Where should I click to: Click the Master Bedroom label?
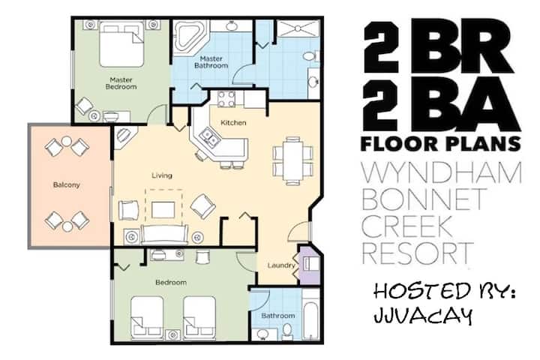click(x=121, y=83)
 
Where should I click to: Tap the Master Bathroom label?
click(x=211, y=62)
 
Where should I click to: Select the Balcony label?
click(x=67, y=185)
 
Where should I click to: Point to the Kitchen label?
click(x=233, y=123)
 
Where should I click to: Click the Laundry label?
click(x=281, y=265)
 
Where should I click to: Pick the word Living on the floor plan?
click(x=162, y=175)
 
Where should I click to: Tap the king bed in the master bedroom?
click(x=121, y=43)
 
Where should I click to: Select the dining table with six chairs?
click(x=292, y=161)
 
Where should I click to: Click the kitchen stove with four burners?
click(x=226, y=99)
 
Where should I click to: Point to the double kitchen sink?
click(x=209, y=137)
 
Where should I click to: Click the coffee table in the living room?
click(x=163, y=210)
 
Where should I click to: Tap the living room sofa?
click(x=164, y=235)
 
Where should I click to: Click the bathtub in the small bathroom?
click(x=311, y=321)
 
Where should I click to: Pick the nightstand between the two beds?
click(x=173, y=334)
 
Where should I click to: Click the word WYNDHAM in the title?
click(x=442, y=173)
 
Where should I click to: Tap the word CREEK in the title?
click(x=406, y=226)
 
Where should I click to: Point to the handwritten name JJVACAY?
click(x=423, y=315)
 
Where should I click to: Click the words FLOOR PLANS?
click(x=440, y=144)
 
